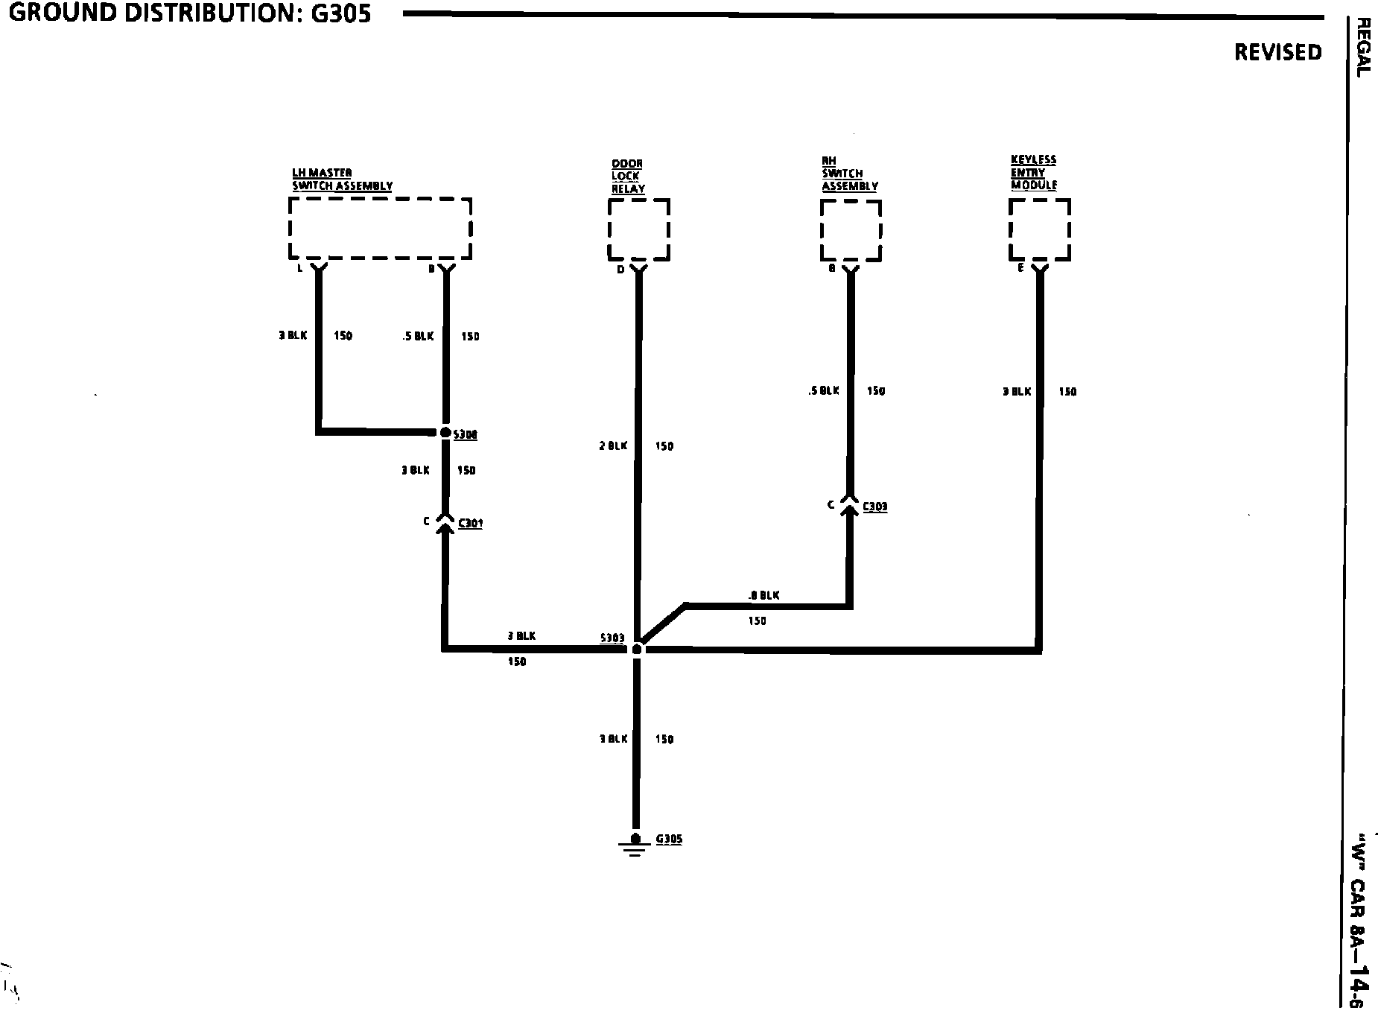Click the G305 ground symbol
pos(635,843)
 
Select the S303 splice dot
pos(636,650)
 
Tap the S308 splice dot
pos(445,432)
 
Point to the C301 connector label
pos(470,523)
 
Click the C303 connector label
pos(874,507)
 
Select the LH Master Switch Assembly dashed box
pos(380,228)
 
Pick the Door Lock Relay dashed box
pos(639,229)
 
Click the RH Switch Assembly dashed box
pos(851,230)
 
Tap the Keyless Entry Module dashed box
pos(1040,229)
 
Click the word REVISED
pos(1277,52)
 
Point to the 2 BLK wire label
pos(614,446)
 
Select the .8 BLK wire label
pos(763,595)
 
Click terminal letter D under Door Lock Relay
pos(620,270)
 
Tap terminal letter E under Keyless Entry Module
pos(1020,268)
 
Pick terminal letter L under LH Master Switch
pos(299,268)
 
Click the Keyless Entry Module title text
pos(1034,172)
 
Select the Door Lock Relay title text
pos(628,176)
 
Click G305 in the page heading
pos(338,13)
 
